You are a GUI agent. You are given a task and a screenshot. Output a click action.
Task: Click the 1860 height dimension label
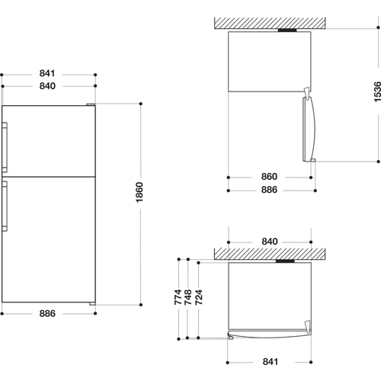[139, 192]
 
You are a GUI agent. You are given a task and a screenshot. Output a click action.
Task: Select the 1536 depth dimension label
[377, 91]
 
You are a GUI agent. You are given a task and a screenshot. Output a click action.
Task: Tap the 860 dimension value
[269, 177]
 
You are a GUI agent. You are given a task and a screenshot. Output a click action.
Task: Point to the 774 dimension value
[178, 297]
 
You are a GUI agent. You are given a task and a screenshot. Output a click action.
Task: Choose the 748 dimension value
[188, 297]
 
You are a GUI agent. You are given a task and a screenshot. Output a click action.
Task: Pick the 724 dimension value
[199, 297]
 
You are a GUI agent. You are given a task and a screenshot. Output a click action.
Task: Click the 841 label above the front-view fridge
[47, 73]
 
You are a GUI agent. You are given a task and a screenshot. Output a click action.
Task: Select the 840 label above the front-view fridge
[47, 86]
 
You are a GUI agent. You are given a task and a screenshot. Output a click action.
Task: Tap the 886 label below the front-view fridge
[47, 314]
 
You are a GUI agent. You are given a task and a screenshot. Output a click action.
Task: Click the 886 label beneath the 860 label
[269, 190]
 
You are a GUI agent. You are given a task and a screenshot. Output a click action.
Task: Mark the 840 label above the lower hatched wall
[270, 242]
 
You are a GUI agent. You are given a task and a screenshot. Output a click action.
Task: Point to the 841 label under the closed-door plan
[271, 362]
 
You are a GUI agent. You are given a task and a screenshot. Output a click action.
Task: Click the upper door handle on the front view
[5, 147]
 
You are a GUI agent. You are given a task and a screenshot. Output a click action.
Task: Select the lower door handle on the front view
[5, 206]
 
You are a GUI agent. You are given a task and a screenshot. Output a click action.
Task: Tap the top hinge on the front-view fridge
[91, 104]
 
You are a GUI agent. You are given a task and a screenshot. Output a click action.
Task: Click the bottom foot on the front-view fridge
[92, 303]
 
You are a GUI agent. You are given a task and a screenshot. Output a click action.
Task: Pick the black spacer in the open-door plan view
[287, 30]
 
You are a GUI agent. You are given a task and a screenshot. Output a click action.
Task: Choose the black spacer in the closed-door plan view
[285, 261]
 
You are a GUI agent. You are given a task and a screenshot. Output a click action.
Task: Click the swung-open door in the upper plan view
[309, 127]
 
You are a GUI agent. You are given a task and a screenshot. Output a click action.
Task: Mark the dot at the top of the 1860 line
[141, 104]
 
